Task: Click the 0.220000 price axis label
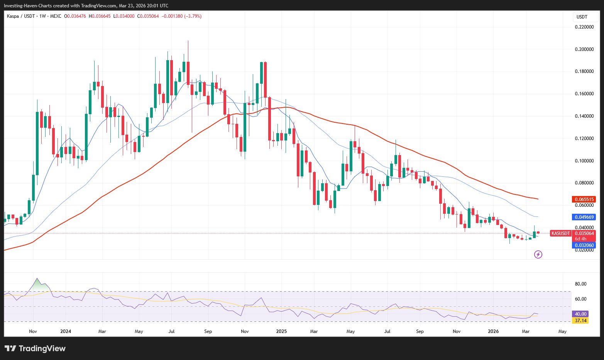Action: (x=584, y=27)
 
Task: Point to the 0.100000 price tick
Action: (x=584, y=161)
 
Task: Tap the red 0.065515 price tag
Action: (x=584, y=199)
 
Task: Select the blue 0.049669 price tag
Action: (x=584, y=217)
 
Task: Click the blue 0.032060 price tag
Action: (x=584, y=245)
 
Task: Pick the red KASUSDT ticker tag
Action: (x=560, y=233)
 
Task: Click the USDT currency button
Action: (x=582, y=17)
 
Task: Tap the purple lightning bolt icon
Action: (x=538, y=254)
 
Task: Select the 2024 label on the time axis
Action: (x=66, y=331)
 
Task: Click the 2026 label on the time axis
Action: (x=493, y=331)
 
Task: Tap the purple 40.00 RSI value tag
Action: (x=580, y=314)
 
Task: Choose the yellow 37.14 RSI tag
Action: (x=580, y=321)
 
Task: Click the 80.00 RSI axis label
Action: (x=580, y=284)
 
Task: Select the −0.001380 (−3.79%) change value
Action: (x=181, y=16)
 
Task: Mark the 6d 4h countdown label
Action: (x=580, y=239)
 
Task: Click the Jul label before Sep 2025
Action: (x=387, y=331)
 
